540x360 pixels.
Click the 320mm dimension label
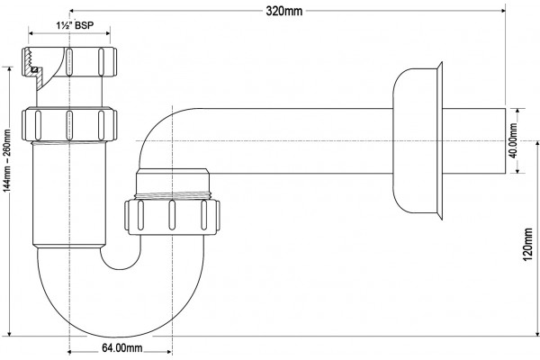click(x=284, y=11)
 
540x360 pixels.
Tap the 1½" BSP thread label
click(x=75, y=25)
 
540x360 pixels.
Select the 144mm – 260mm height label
click(x=7, y=160)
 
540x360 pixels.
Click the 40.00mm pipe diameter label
click(x=513, y=140)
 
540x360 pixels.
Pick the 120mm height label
click(x=528, y=244)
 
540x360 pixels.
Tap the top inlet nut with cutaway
click(x=69, y=62)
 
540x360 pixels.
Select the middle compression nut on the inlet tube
click(x=69, y=124)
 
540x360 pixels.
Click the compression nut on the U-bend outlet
click(x=172, y=216)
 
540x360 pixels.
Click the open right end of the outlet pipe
click(x=505, y=140)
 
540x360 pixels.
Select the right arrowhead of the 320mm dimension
click(x=503, y=11)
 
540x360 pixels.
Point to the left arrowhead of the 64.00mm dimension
click(x=69, y=352)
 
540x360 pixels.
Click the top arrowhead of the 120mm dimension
click(x=537, y=143)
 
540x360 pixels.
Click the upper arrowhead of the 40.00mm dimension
click(x=517, y=111)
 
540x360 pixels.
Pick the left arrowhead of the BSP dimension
click(x=31, y=33)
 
